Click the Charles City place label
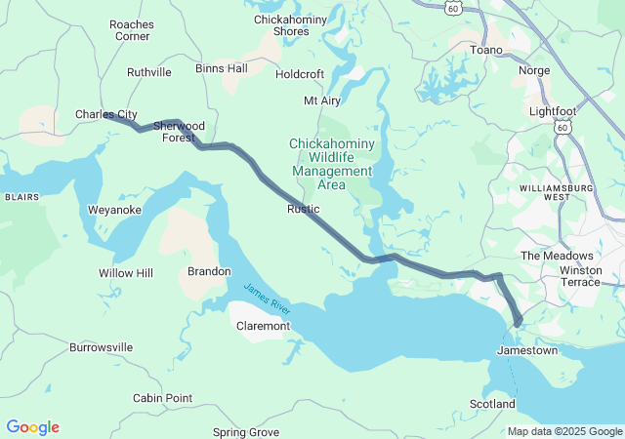pos(105,114)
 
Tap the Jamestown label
pos(527,350)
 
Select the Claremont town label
pos(263,326)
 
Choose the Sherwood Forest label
pos(179,132)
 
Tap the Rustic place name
pos(304,209)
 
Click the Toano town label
pos(486,50)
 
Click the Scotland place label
pos(492,404)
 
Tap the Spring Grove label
pos(246,431)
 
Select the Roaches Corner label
pos(132,29)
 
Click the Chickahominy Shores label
pos(281,24)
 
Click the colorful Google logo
pos(32,427)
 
